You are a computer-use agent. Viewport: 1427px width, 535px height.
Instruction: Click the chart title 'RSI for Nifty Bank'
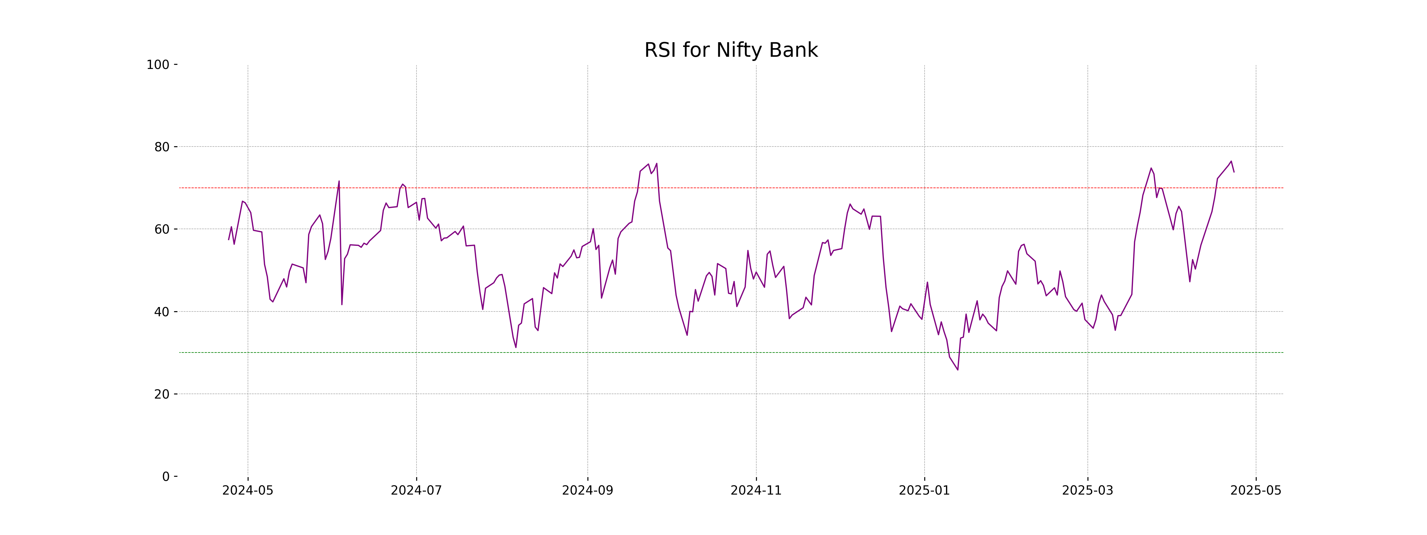click(x=731, y=51)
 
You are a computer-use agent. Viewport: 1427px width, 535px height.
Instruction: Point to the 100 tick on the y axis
click(x=158, y=65)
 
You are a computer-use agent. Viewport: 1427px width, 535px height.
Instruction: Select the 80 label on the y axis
click(x=162, y=147)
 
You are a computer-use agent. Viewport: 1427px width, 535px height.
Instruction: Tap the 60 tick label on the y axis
click(x=162, y=229)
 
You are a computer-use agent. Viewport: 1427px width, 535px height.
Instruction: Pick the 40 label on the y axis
click(x=162, y=312)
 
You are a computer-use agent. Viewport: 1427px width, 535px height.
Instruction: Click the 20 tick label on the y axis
click(x=162, y=394)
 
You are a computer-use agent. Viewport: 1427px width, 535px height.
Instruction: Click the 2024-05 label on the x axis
click(x=248, y=491)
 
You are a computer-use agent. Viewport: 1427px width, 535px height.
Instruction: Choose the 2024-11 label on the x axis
click(x=756, y=491)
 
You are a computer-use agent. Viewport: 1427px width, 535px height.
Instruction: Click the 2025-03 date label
click(x=1087, y=491)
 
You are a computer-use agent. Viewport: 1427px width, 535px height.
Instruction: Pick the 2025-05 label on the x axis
click(x=1256, y=491)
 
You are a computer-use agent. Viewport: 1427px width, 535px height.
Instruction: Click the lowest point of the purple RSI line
click(x=958, y=370)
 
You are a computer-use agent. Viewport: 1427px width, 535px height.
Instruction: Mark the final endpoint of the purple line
click(x=1234, y=172)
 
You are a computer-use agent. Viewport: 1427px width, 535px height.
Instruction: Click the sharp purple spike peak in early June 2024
click(x=339, y=181)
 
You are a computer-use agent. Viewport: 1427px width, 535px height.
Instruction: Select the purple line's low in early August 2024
click(x=516, y=347)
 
